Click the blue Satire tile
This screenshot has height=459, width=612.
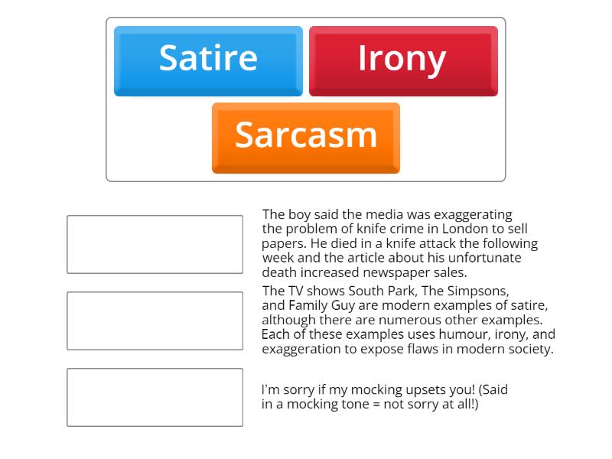click(208, 60)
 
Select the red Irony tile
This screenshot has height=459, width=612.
click(403, 60)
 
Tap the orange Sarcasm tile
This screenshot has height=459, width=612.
click(306, 137)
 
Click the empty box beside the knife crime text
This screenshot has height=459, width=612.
click(155, 244)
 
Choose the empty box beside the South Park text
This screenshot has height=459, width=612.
click(155, 321)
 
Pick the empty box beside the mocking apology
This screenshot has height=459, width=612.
click(155, 397)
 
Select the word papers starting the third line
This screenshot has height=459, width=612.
click(283, 243)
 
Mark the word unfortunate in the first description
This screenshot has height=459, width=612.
click(482, 258)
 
